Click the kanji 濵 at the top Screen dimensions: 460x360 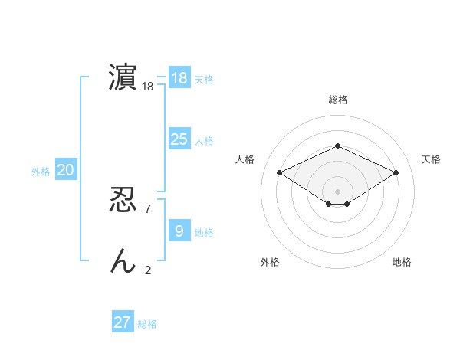point(123,78)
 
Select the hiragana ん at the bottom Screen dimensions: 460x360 point(123,261)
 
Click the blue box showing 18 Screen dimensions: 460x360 point(179,78)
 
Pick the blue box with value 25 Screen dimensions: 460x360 point(179,139)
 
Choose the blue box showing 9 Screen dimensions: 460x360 point(179,231)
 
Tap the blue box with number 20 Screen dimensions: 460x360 point(66,170)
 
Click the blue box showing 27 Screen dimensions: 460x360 point(123,322)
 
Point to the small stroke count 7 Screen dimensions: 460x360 point(148,208)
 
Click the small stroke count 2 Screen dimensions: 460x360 point(148,270)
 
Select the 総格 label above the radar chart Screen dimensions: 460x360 point(338,100)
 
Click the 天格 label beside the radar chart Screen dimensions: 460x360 point(431,159)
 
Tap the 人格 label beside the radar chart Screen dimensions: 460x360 point(245,159)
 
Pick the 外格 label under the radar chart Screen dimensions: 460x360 point(270,262)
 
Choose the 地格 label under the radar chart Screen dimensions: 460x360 point(402,262)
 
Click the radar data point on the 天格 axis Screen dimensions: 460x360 point(396,173)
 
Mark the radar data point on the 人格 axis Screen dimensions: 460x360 point(280,173)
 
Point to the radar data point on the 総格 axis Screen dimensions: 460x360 point(337,146)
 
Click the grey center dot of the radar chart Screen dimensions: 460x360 point(337,191)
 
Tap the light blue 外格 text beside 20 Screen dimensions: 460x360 point(41,172)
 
